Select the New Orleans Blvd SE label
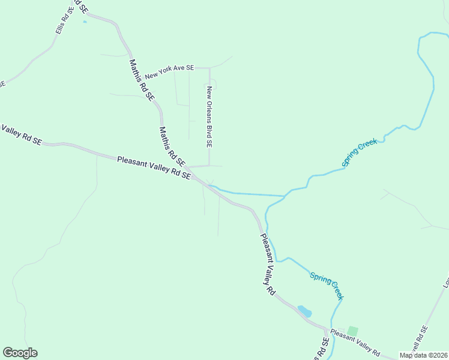(x=209, y=117)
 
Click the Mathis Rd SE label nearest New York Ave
(x=142, y=79)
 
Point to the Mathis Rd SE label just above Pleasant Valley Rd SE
(x=172, y=146)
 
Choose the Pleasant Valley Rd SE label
(x=154, y=168)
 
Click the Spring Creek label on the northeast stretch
(x=359, y=152)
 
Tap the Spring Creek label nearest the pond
(x=327, y=285)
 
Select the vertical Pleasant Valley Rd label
(x=267, y=263)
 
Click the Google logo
(x=20, y=353)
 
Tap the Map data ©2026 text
(x=423, y=355)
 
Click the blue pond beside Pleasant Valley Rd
(x=305, y=311)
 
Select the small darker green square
(x=352, y=331)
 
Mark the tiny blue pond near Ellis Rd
(x=85, y=22)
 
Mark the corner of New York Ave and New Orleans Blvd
(x=209, y=68)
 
